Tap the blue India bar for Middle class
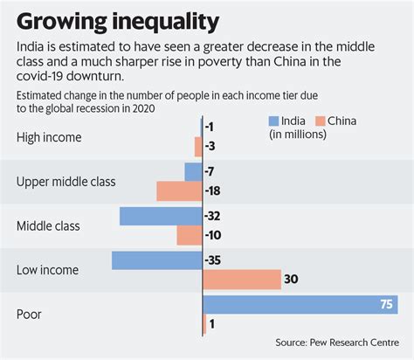click(x=161, y=216)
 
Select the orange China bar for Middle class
click(x=189, y=235)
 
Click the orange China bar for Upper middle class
click(x=178, y=190)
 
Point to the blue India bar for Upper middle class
click(x=192, y=171)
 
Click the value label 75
click(x=384, y=304)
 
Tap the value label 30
click(x=292, y=280)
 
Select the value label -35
click(x=214, y=260)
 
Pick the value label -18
click(x=214, y=190)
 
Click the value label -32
click(x=214, y=216)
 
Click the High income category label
click(x=49, y=136)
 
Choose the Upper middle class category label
click(x=66, y=182)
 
